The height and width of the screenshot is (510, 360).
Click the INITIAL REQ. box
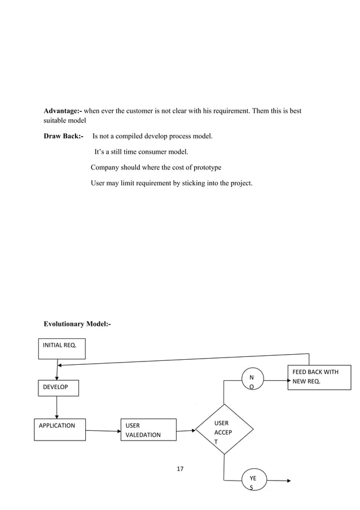pos(62,348)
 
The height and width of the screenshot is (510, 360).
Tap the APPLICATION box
pos(59,429)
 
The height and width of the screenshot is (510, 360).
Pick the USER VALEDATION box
pos(148,430)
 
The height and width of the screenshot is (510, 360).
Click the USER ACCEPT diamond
pos(224,429)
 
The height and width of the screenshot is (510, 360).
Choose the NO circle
pos(251,380)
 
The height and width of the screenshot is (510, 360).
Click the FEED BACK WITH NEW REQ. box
pos(319,377)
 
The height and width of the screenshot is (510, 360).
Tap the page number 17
pos(181,469)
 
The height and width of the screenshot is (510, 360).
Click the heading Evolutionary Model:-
pos(77,324)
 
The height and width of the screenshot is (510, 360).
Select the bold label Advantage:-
pos(63,111)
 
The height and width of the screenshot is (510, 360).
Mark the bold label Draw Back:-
pos(63,136)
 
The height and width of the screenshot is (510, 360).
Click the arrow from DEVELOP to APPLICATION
pos(57,407)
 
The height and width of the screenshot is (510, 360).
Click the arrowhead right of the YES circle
pos(288,481)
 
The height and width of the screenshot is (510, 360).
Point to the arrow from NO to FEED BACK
pos(276,381)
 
